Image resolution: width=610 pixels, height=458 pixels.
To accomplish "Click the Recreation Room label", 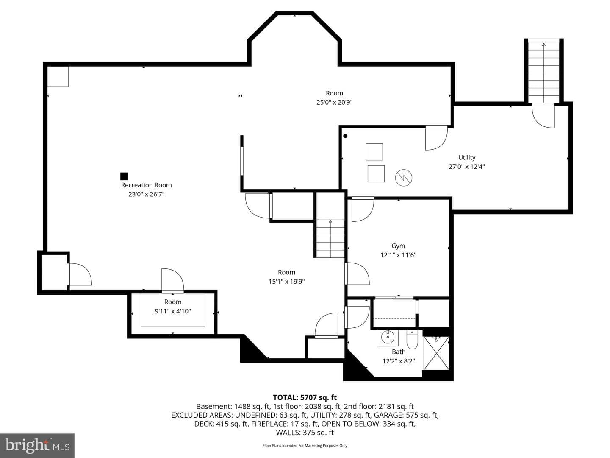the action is pos(146,185).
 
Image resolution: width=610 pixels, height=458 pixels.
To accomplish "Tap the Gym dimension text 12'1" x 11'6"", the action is pos(398,255).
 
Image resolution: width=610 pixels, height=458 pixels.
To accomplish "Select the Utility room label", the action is pos(466,157).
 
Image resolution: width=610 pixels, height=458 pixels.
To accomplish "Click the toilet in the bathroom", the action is pos(412,339).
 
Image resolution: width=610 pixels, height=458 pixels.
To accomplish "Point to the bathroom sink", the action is pos(388,338).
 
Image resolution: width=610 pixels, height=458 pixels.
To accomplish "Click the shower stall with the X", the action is pos(436,353).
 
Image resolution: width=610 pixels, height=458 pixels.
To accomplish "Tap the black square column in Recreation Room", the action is pos(124,176).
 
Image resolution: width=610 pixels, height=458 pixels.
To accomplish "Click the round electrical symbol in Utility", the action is pos(404,178).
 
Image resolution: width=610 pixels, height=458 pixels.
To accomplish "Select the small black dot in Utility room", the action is pos(345,136).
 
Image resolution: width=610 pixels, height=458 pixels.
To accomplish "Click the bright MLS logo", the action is pos(37,445).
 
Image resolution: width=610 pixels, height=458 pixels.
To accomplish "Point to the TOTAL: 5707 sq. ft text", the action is pos(305,397).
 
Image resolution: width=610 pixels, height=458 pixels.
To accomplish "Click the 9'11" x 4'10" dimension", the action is pos(173,311).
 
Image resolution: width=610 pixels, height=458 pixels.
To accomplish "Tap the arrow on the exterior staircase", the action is pos(544,73).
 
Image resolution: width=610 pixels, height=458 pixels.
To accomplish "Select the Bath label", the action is pos(399,352).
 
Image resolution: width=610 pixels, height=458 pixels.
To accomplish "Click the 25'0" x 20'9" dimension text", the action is pos(334,102).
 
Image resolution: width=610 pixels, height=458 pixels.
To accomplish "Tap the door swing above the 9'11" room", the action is pos(172,280).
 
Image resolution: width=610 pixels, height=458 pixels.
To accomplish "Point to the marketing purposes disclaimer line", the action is pos(305,445).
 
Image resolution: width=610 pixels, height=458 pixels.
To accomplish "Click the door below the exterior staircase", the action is pos(543,116).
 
